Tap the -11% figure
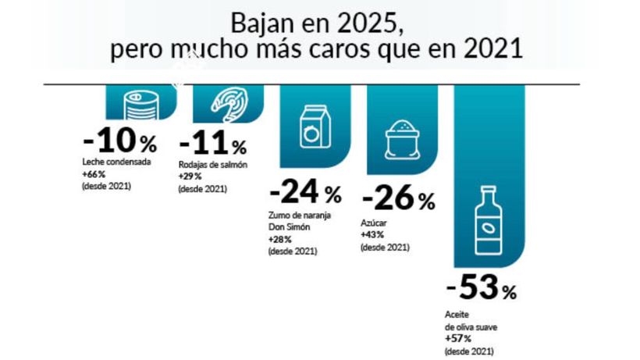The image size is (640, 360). (x=212, y=144)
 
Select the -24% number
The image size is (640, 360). (x=305, y=192)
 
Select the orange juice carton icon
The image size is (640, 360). (x=315, y=127)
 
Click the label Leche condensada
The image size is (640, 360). (x=116, y=162)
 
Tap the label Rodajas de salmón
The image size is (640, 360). (x=213, y=165)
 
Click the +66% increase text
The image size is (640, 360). (x=93, y=174)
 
